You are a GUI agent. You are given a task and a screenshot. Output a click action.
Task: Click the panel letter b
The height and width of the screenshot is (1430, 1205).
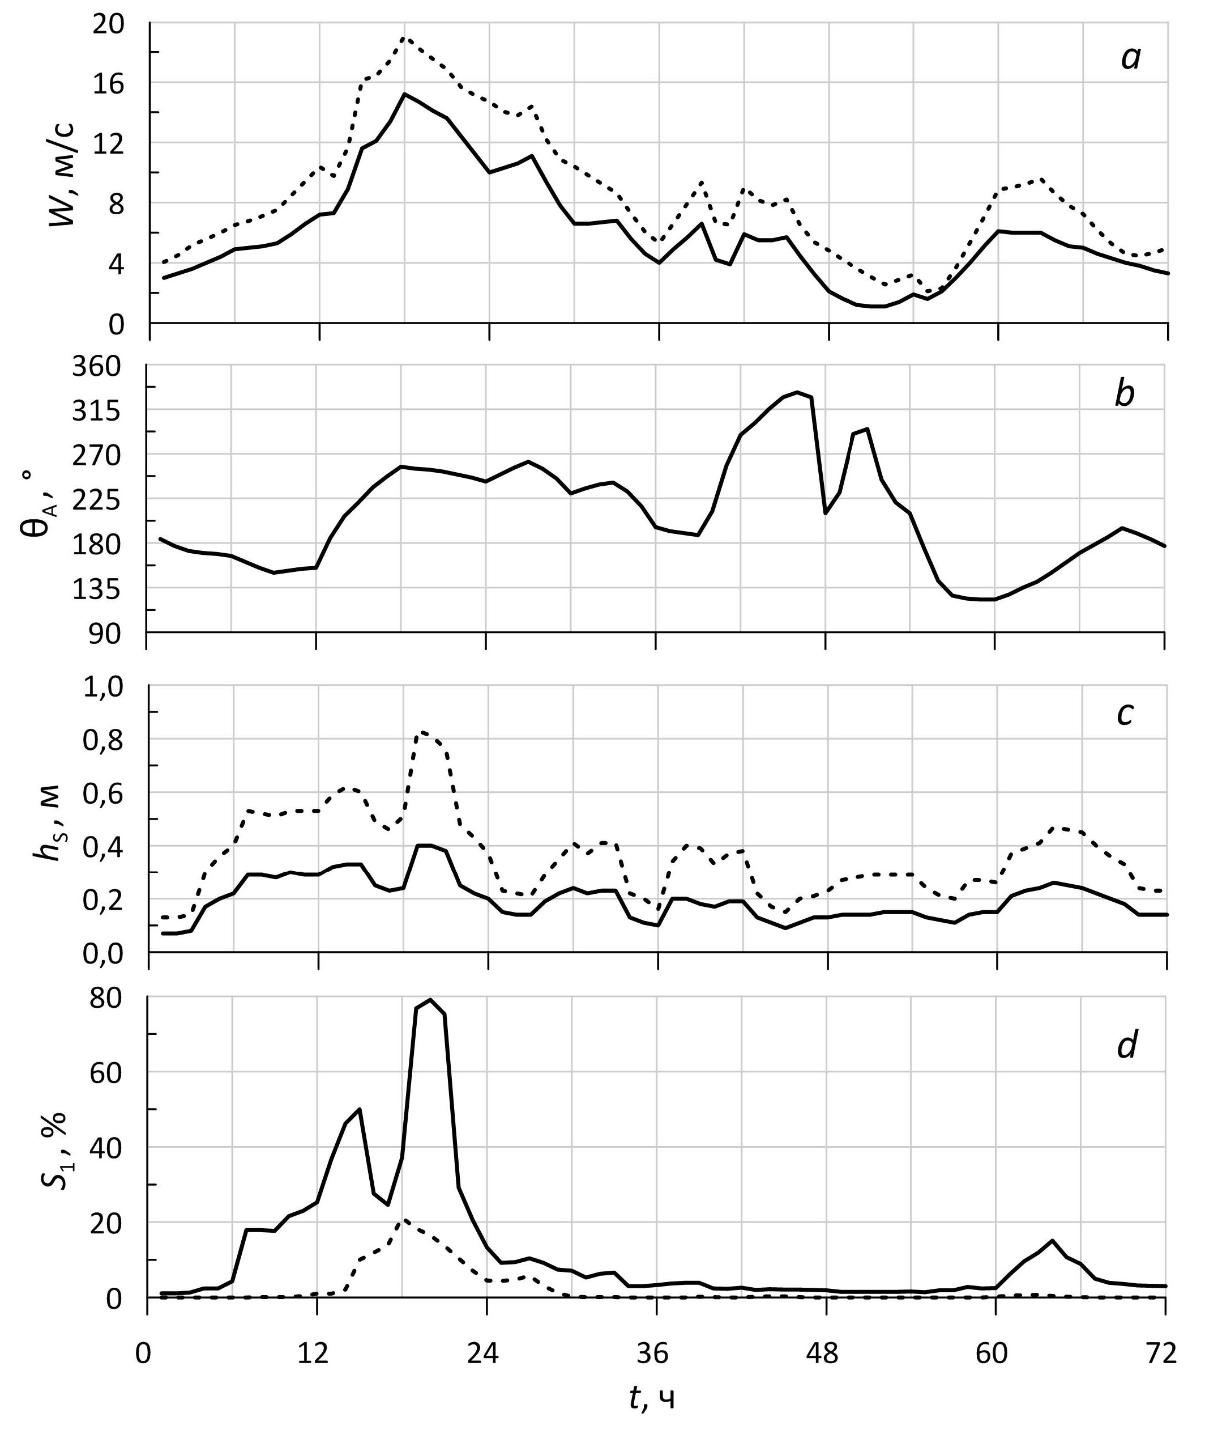1125,395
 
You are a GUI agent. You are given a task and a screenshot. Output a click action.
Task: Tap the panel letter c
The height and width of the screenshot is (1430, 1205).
1125,714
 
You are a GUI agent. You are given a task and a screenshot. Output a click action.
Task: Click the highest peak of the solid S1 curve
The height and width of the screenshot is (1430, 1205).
430,999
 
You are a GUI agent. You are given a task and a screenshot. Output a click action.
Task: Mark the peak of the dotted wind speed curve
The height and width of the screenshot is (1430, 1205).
404,37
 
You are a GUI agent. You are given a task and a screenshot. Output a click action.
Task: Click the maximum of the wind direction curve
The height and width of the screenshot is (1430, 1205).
797,392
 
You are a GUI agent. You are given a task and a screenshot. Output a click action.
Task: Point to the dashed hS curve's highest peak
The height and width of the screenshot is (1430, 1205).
424,731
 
